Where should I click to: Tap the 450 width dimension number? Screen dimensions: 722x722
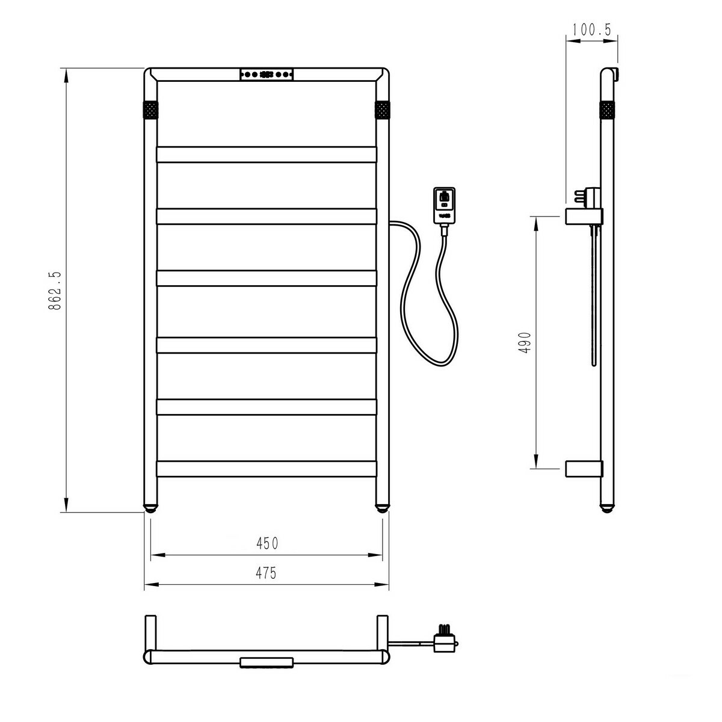click(x=267, y=543)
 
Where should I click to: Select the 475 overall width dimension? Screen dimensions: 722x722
click(x=266, y=573)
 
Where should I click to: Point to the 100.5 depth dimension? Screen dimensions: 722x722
click(x=591, y=29)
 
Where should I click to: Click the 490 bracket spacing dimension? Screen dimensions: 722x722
click(x=525, y=342)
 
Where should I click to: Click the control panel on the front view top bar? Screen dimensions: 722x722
click(x=267, y=74)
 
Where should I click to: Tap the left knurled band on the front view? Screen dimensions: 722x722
click(x=150, y=110)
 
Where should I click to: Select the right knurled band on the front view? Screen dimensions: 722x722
click(x=383, y=110)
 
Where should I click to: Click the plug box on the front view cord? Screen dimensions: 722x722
click(x=445, y=206)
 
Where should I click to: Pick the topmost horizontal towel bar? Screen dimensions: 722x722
click(x=267, y=155)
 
